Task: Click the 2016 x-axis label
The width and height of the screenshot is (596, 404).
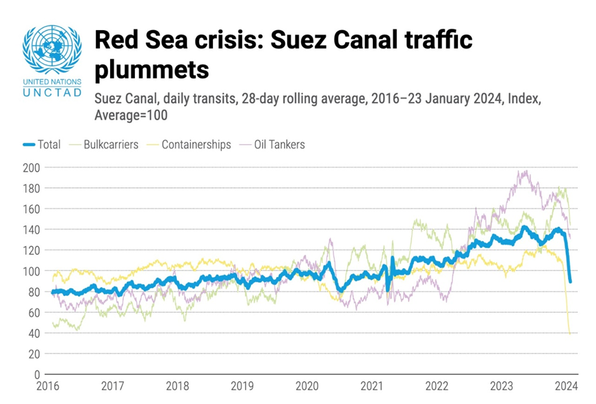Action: coord(48,386)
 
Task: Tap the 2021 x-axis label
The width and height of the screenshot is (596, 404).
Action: coord(372,386)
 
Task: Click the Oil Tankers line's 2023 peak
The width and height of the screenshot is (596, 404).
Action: coord(525,171)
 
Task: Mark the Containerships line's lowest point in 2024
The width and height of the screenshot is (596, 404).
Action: coord(570,334)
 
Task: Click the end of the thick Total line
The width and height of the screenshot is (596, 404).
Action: coord(570,281)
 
